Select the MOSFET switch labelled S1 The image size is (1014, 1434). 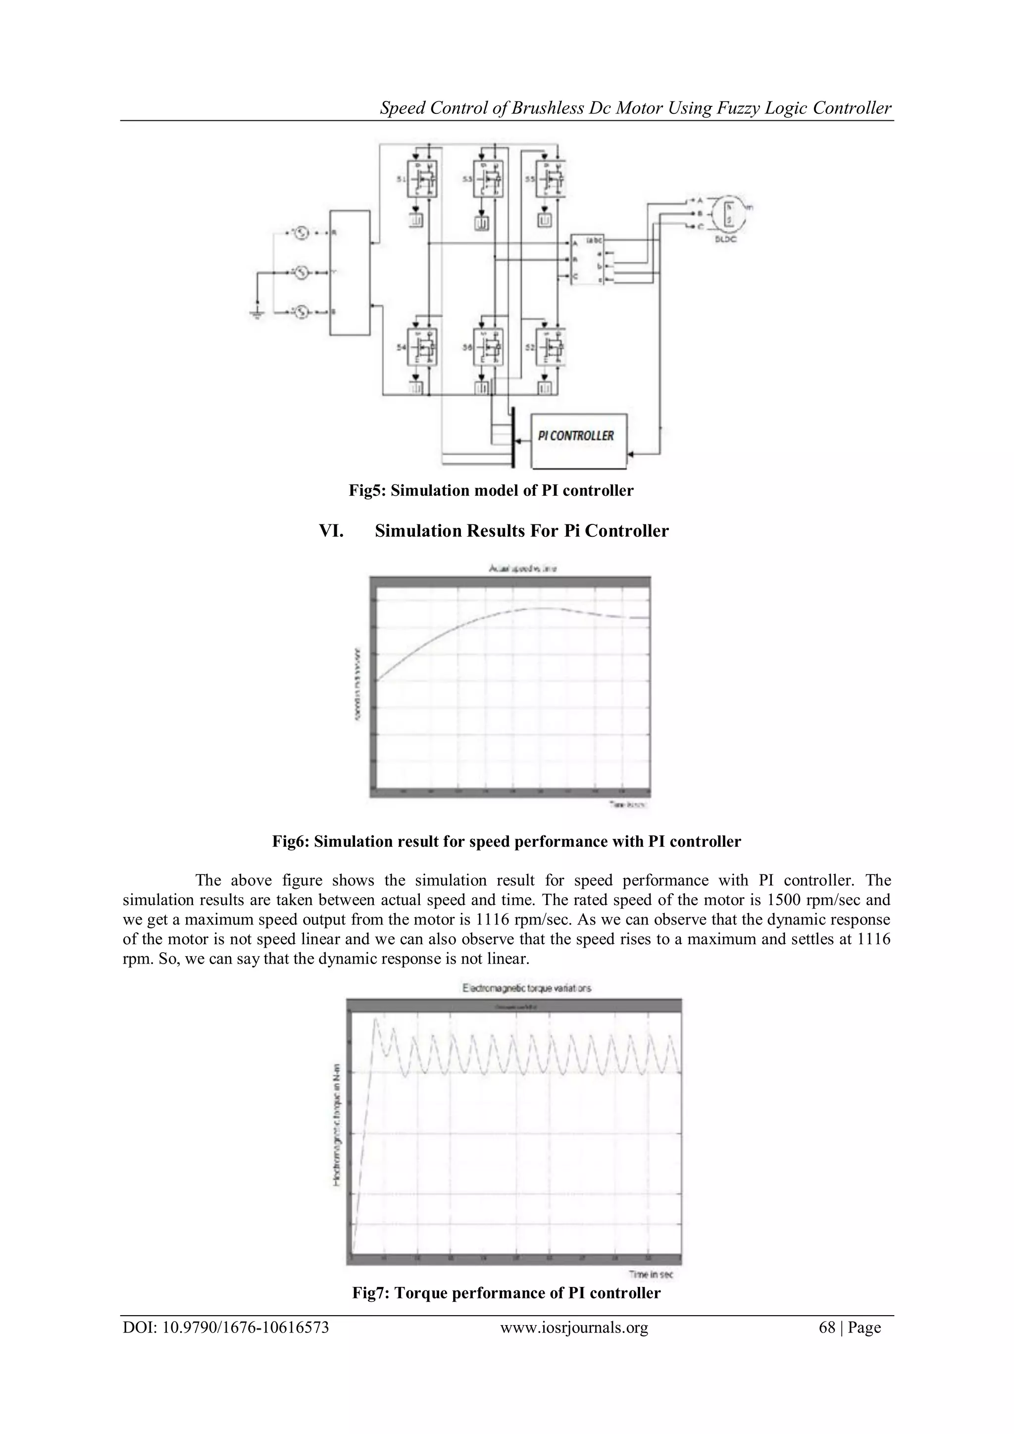pos(422,179)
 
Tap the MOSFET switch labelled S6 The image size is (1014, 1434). pos(488,347)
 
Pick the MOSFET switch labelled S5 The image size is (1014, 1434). pos(552,179)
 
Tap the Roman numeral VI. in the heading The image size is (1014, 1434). pos(331,531)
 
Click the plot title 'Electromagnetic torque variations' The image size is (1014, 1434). pos(526,988)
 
